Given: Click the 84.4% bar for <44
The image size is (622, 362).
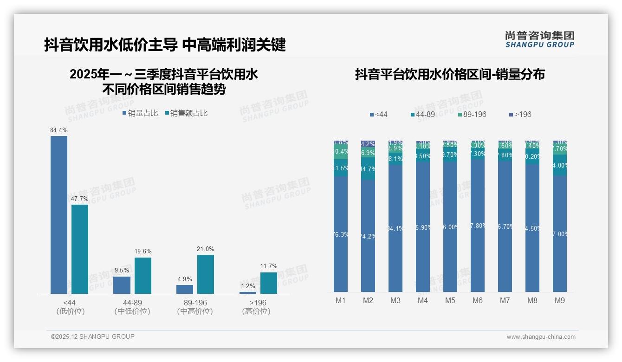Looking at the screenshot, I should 59,214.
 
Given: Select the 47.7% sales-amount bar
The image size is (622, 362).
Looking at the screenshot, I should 80,249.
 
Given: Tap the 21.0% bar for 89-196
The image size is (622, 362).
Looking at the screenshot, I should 206,274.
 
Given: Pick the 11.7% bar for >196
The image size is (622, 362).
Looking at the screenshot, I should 268,283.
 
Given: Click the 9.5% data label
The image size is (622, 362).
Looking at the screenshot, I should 122,271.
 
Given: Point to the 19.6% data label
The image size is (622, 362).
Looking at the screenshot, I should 143,252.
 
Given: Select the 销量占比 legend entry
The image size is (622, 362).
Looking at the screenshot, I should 140,113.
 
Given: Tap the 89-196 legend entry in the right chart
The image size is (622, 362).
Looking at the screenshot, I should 472,114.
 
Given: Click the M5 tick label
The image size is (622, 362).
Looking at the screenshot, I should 450,300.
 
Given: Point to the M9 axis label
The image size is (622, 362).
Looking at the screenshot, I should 560,300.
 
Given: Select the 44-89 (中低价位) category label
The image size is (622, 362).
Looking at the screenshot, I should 132,307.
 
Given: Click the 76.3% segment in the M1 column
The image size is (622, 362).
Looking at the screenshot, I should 341,234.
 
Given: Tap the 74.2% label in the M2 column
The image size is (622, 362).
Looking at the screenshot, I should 368,236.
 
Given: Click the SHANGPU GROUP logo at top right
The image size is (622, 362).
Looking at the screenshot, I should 539,39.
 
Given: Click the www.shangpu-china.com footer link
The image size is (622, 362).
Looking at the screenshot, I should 541,337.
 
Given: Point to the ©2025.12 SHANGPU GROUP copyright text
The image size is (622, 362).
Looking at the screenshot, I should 93,336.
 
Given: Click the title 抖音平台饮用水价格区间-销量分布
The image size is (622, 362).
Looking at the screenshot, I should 450,75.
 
